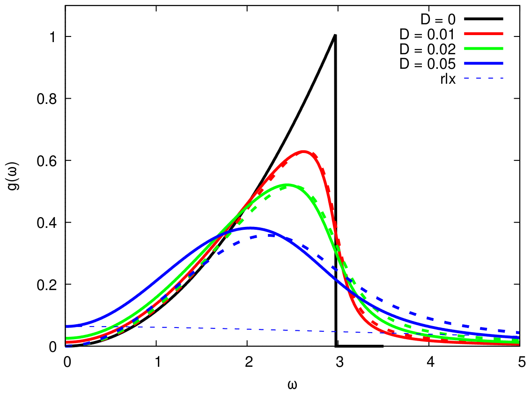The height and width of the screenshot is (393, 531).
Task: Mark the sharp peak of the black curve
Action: (x=335, y=35)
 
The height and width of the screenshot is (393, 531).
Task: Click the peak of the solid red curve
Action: (x=303, y=152)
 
